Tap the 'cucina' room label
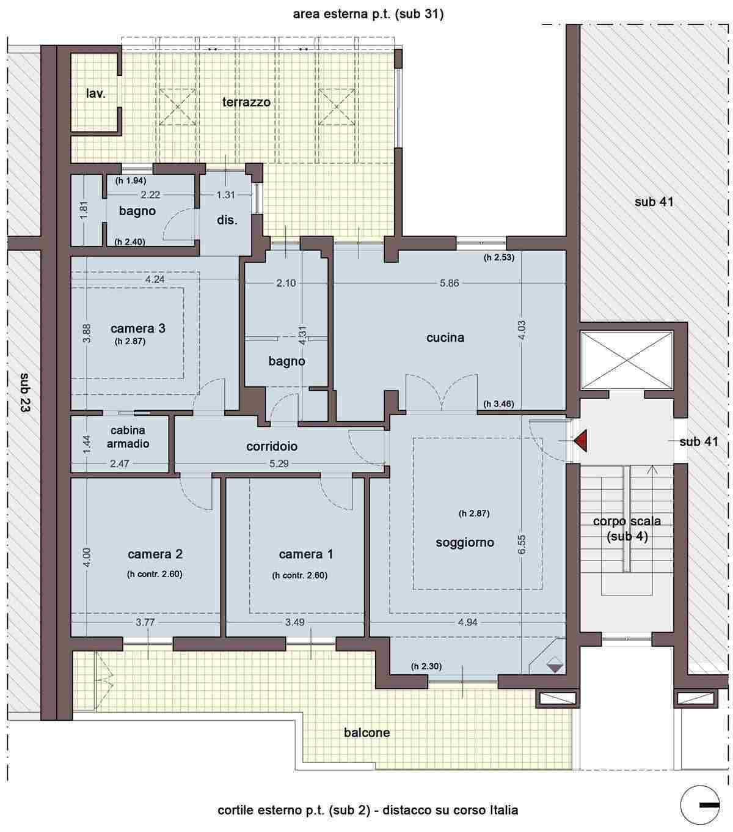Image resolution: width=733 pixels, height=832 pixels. click(445, 337)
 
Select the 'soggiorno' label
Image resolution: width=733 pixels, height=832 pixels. click(465, 543)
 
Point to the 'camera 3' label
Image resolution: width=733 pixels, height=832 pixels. click(138, 328)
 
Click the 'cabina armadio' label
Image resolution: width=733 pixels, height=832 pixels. click(128, 437)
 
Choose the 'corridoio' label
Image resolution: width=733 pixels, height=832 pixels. click(272, 446)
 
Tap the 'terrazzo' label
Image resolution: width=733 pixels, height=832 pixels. click(246, 102)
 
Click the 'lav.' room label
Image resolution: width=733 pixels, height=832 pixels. click(96, 94)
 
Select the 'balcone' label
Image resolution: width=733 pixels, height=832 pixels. click(367, 732)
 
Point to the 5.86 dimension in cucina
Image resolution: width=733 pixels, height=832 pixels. click(449, 283)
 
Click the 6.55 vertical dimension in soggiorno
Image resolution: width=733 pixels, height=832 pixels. click(521, 544)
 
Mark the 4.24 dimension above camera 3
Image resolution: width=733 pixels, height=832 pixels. click(155, 279)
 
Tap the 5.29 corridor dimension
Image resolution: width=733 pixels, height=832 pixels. click(279, 463)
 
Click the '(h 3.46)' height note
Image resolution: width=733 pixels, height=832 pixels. click(498, 404)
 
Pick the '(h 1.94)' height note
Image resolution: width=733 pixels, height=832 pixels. click(131, 181)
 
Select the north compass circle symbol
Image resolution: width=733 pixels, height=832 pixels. click(700, 805)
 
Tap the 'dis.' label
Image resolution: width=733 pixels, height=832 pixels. click(227, 220)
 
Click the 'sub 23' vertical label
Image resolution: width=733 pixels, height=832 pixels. click(24, 392)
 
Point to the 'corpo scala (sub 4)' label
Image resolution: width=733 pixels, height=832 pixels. click(627, 529)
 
